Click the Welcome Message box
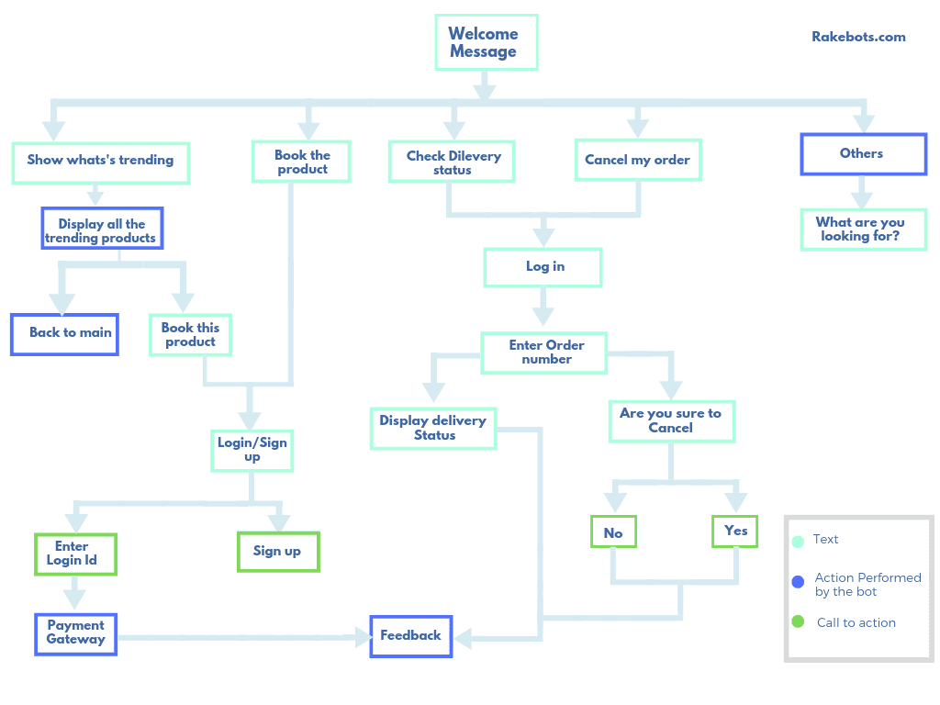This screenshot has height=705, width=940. click(x=485, y=42)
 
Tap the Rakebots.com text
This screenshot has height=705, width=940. click(x=858, y=38)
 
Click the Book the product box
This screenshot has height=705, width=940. click(x=302, y=161)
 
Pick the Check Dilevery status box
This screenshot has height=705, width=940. click(x=452, y=162)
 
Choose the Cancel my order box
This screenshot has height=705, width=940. click(x=637, y=160)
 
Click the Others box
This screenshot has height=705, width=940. click(x=863, y=154)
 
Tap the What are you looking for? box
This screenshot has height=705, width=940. click(x=861, y=229)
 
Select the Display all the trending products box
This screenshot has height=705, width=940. click(x=102, y=229)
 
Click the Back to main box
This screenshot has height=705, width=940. click(x=65, y=334)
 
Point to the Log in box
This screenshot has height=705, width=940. click(x=543, y=267)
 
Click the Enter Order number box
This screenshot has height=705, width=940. click(x=544, y=352)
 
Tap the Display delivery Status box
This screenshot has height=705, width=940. click(x=433, y=428)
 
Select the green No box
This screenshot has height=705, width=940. click(x=612, y=532)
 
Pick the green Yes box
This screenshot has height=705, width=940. click(x=735, y=531)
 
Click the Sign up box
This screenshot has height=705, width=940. click(x=278, y=552)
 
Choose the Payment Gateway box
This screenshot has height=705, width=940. click(x=76, y=633)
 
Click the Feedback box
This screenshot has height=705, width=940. click(x=411, y=635)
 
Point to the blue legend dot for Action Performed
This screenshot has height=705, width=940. click(x=798, y=580)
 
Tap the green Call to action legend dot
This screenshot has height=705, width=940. click(x=798, y=622)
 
